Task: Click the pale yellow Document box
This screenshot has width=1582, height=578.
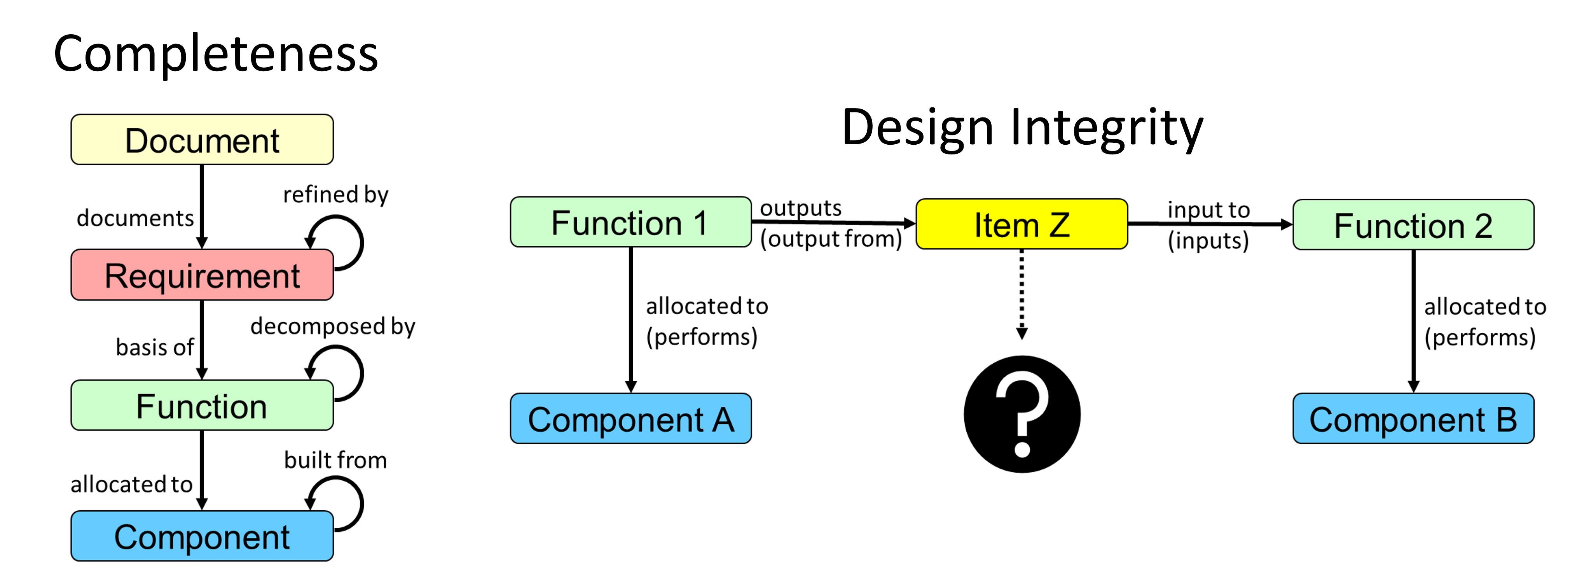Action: click(x=202, y=139)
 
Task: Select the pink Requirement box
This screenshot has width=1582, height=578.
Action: click(x=202, y=275)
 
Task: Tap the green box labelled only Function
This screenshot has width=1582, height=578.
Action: click(x=202, y=405)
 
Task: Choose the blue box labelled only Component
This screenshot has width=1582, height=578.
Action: click(x=202, y=536)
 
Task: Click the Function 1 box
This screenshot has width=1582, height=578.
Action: click(x=631, y=222)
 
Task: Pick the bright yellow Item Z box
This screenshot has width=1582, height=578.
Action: click(x=1021, y=224)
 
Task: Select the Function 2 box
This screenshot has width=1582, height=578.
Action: click(x=1413, y=225)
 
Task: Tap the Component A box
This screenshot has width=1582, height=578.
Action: click(x=631, y=418)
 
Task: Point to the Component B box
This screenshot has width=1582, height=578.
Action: click(x=1413, y=418)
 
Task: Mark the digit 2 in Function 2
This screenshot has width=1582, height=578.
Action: click(x=1483, y=226)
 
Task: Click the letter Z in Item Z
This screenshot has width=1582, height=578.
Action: click(x=1059, y=226)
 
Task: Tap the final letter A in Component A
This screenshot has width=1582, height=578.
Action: click(x=723, y=420)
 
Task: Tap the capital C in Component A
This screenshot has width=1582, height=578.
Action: click(x=540, y=420)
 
